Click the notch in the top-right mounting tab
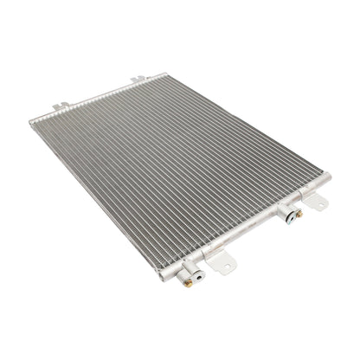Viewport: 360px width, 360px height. (x=137, y=79)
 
